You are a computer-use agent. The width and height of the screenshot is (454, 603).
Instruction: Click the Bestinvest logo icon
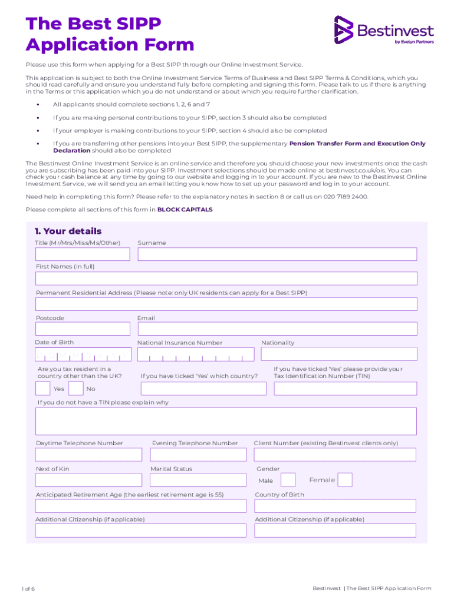coord(343,30)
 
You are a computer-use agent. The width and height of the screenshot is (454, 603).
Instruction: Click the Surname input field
coord(277,254)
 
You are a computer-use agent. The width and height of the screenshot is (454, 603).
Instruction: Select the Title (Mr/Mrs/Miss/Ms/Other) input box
coord(83,254)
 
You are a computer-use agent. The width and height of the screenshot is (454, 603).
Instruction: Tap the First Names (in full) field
coord(226,279)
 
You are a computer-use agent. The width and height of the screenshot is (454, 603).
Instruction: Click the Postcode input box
coord(83,329)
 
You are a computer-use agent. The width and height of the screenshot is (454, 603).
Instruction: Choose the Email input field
coord(277,329)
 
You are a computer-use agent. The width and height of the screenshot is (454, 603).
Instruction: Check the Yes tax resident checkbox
coord(42,389)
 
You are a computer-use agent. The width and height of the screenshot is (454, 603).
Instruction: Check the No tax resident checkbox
coord(75,389)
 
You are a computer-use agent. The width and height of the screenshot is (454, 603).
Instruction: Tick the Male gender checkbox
coord(288,480)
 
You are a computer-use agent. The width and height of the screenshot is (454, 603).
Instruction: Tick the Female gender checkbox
coord(345,480)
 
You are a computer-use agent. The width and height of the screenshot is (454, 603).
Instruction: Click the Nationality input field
coord(338,354)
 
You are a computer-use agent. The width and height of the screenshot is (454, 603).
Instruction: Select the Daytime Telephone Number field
coord(88,455)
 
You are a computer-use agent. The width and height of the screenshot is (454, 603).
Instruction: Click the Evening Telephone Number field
coord(198,455)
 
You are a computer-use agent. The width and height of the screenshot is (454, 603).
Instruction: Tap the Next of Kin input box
coord(88,481)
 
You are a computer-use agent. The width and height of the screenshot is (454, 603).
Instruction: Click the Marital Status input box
coord(198,481)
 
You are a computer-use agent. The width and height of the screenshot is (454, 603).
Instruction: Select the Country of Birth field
coord(335,506)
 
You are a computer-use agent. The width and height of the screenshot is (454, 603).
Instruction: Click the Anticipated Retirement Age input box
coord(141,506)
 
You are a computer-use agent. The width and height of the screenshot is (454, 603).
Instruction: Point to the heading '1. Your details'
coord(68,231)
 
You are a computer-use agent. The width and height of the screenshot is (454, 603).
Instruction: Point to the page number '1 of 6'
coord(28,589)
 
